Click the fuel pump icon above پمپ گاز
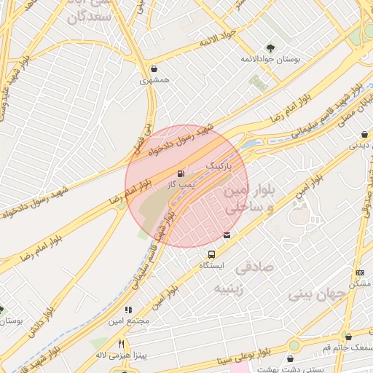point(179,173)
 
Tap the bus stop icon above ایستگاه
point(211,254)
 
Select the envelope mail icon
point(228,235)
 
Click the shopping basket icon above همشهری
point(154,69)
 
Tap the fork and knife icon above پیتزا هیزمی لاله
point(121,344)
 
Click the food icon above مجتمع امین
point(128,310)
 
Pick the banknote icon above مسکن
point(360,272)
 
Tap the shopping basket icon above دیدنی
point(364,134)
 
